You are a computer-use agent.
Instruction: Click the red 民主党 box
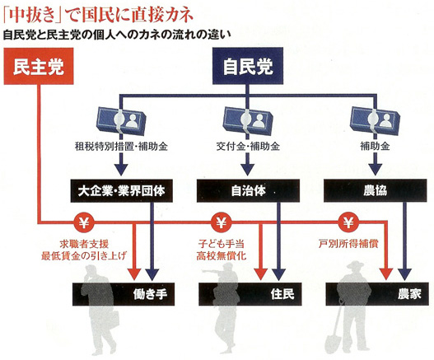[x=39, y=66]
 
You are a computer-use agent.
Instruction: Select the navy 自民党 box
[x=248, y=66]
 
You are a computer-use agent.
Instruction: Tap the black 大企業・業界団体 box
[x=122, y=191]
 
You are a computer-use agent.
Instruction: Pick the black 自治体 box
[x=248, y=191]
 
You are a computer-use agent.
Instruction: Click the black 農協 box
[x=375, y=191]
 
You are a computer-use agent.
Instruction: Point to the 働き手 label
[x=150, y=294]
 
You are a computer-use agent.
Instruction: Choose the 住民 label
[x=282, y=294]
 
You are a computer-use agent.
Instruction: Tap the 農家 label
[x=409, y=294]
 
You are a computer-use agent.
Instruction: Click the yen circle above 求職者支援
[x=84, y=222]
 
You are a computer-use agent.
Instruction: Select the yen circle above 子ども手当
[x=221, y=222]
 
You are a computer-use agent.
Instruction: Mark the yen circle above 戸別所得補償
[x=348, y=222]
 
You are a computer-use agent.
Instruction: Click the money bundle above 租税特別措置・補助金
[x=121, y=121]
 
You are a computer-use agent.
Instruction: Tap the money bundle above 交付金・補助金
[x=248, y=121]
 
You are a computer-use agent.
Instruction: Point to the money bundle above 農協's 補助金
[x=375, y=121]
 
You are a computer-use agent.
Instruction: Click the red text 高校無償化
[x=222, y=255]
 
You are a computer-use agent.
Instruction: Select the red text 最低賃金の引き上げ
[x=84, y=255]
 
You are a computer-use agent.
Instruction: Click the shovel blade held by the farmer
[x=332, y=343]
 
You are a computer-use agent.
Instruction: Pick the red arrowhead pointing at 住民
[x=260, y=274]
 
